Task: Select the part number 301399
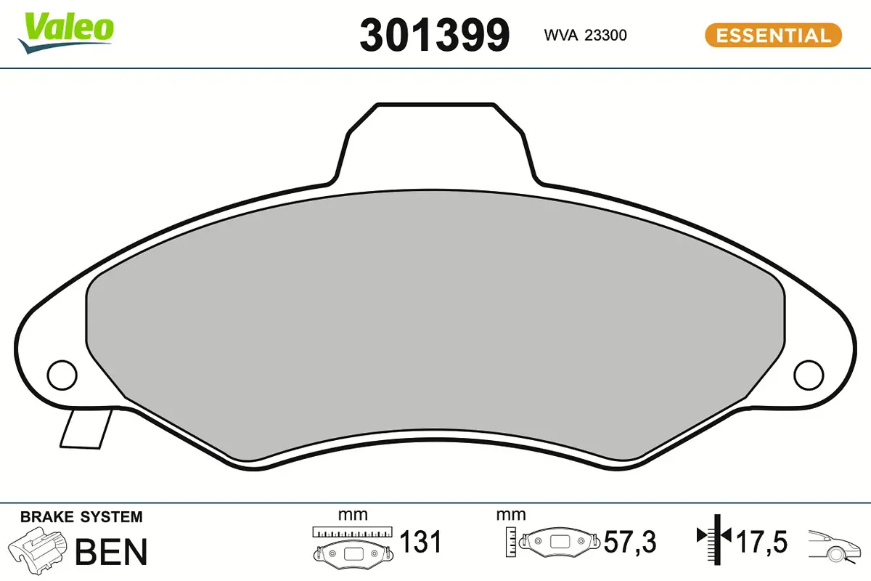pyautogui.click(x=434, y=35)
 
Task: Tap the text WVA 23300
pyautogui.click(x=585, y=35)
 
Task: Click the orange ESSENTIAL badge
pyautogui.click(x=773, y=35)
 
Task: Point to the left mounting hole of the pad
pyautogui.click(x=62, y=375)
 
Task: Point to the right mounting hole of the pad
pyautogui.click(x=809, y=375)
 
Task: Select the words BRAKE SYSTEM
pyautogui.click(x=81, y=517)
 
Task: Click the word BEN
pyautogui.click(x=111, y=552)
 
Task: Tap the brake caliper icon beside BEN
pyautogui.click(x=38, y=550)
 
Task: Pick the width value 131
pyautogui.click(x=420, y=541)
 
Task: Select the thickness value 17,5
pyautogui.click(x=761, y=541)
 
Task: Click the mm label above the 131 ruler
pyautogui.click(x=353, y=515)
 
